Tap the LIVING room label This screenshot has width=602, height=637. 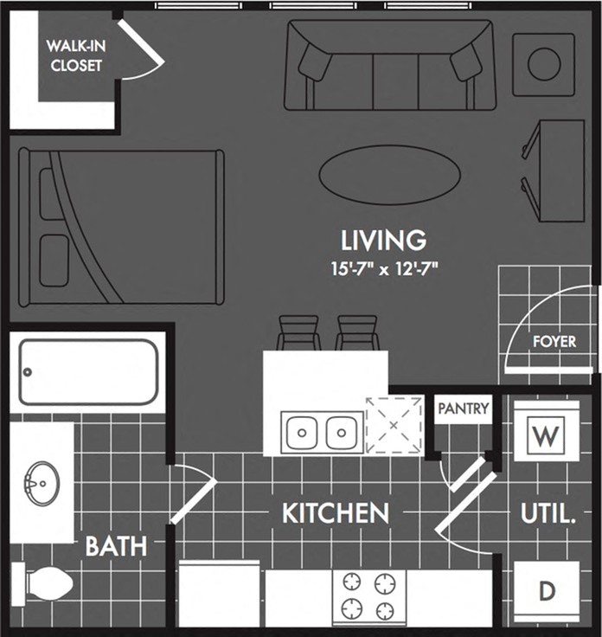click(x=384, y=239)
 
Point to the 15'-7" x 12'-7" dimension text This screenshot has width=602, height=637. click(x=384, y=267)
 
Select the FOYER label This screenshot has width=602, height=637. click(x=554, y=341)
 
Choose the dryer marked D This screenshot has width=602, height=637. click(x=546, y=592)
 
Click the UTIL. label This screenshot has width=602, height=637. click(x=548, y=514)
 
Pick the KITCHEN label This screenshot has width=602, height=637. click(x=335, y=513)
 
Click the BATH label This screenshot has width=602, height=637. click(x=115, y=546)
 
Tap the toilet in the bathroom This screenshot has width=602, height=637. click(x=43, y=582)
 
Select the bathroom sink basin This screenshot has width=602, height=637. click(x=40, y=481)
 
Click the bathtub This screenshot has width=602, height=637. click(x=89, y=371)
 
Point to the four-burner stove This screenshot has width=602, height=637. click(x=369, y=595)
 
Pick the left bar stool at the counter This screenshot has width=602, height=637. click(x=297, y=332)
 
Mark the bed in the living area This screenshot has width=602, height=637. click(x=120, y=228)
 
